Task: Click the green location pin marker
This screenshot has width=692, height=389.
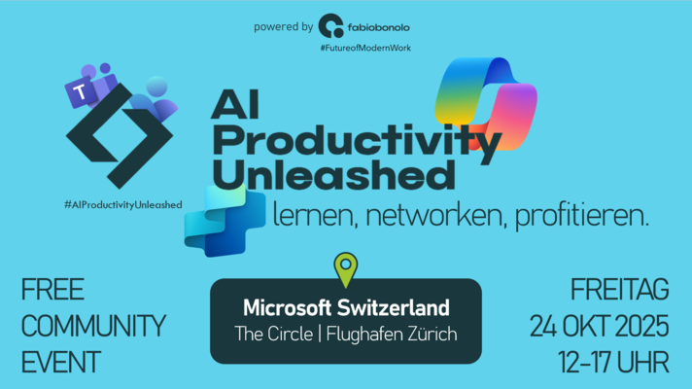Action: pos(346,269)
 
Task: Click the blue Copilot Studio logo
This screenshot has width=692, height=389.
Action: pos(225,221)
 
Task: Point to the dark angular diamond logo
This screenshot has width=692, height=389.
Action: pos(120,135)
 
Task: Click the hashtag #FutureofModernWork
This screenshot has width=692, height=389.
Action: pos(365,48)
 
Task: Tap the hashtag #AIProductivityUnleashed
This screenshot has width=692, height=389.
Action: pos(123,205)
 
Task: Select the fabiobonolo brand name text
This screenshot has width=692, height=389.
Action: pos(379,28)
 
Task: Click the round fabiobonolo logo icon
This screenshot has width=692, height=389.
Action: pos(331,25)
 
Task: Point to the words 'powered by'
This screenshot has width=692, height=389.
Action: pos(284,27)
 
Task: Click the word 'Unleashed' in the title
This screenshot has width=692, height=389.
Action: pos(333,175)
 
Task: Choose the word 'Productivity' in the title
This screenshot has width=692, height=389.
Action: pos(357,142)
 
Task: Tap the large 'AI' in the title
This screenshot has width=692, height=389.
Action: pos(235,105)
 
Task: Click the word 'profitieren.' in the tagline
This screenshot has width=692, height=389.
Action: pos(582,216)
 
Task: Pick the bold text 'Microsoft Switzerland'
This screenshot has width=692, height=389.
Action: pos(346,307)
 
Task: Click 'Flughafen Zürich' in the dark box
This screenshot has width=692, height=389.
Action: pos(392,334)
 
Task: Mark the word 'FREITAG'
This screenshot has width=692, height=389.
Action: pos(620,290)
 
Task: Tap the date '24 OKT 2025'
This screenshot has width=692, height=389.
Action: pos(600,327)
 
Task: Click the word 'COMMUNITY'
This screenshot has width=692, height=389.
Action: pos(93,327)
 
